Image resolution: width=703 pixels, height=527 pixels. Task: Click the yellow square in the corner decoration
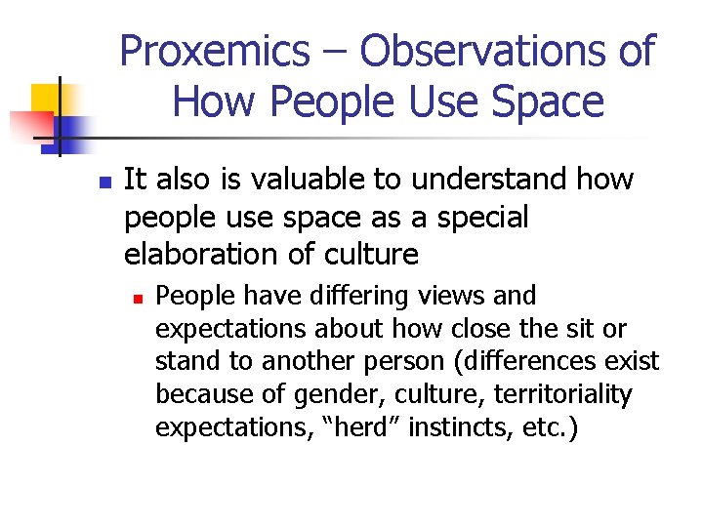pyautogui.click(x=44, y=99)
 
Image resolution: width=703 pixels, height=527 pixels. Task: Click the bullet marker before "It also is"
pyautogui.click(x=106, y=182)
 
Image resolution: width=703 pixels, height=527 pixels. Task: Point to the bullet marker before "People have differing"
pyautogui.click(x=140, y=296)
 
